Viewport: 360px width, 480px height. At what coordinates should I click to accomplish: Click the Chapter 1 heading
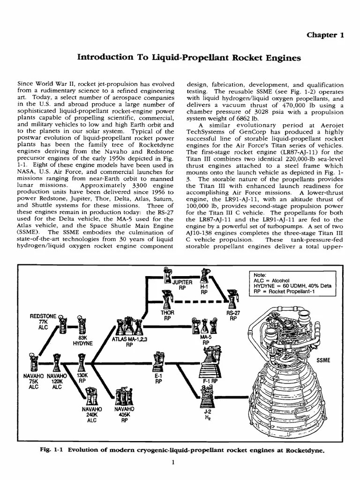pos(325,35)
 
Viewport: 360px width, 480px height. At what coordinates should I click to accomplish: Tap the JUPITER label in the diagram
pos(182,283)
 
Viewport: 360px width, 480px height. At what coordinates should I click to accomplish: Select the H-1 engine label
pos(204,286)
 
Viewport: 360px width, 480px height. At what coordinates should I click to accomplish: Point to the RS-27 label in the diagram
pos(233,315)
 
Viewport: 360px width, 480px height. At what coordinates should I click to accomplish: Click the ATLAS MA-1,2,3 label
pos(129,341)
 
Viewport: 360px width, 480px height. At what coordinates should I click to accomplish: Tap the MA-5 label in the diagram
pos(205,340)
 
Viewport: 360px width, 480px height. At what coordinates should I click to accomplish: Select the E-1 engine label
pos(158,378)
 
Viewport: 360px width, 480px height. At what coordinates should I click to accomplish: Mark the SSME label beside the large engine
pos(323,360)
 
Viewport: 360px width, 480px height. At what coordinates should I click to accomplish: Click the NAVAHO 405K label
pos(124,414)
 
